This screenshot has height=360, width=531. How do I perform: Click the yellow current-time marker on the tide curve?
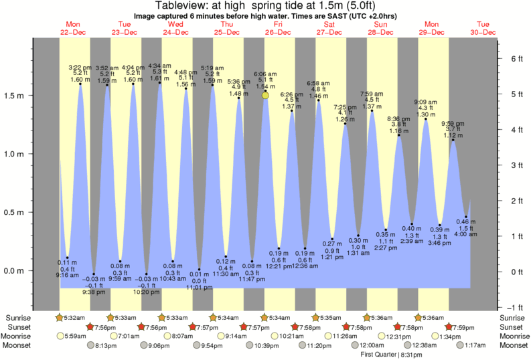[x=266, y=96]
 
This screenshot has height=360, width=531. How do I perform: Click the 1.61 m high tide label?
[x=159, y=78]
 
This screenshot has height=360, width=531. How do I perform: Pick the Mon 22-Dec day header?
[x=73, y=27]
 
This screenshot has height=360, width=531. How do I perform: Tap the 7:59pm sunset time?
[x=463, y=327]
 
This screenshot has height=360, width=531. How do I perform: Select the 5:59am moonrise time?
[x=77, y=336]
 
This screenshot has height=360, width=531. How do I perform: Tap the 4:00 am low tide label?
[x=466, y=234]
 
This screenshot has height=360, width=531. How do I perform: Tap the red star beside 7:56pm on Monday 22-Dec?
[x=90, y=327]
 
